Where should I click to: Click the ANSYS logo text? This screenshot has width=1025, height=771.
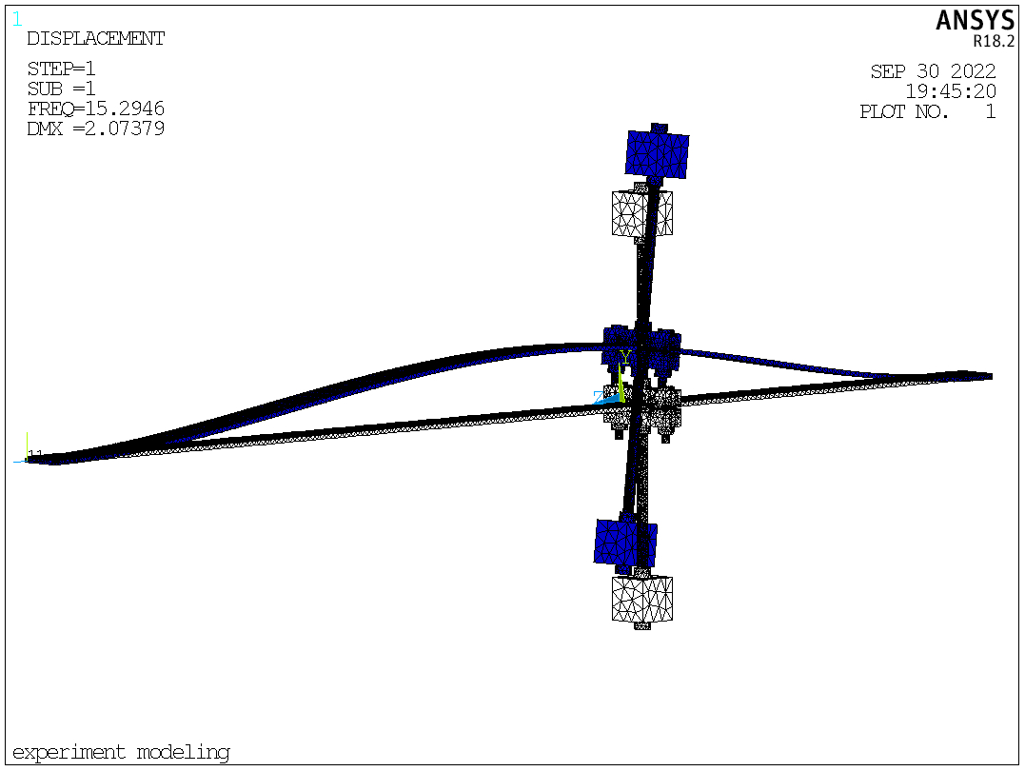coord(975,20)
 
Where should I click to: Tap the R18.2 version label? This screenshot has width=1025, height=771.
coord(994,41)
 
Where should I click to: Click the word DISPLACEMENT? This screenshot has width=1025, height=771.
coord(95,39)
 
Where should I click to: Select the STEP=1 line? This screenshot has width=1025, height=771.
coord(62,69)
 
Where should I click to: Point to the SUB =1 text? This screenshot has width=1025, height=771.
coord(62,89)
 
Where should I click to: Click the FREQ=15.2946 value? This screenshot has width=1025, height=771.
coord(95,108)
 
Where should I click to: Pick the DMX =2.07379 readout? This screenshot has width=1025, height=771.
coord(95,128)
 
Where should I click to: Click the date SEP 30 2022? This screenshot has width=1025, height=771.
coord(933,71)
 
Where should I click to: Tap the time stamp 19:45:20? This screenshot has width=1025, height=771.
coord(951,90)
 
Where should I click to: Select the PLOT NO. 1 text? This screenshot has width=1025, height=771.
coord(928,111)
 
